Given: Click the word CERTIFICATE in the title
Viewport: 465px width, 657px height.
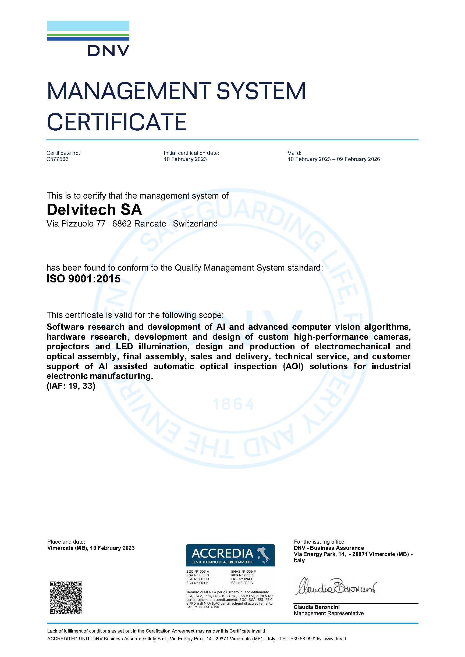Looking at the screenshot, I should tap(116, 122).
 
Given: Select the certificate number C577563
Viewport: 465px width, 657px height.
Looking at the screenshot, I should tap(58, 159).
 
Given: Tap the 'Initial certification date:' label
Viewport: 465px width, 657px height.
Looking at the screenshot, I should tap(191, 153).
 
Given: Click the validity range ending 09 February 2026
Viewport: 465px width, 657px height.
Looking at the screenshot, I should tap(333, 159).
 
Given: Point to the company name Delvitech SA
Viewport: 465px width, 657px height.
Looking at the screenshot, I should tap(94, 210).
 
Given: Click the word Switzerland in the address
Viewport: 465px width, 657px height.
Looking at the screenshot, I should tap(195, 224).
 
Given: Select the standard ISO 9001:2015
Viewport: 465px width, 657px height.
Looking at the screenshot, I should tap(83, 278).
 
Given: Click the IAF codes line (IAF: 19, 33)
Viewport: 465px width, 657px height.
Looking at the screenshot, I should tap(71, 386).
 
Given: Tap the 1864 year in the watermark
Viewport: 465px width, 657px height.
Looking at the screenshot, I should tap(233, 404).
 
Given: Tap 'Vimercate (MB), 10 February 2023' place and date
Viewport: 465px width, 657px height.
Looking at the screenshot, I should tap(91, 548).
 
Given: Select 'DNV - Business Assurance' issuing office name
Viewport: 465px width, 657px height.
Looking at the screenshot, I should tap(328, 548).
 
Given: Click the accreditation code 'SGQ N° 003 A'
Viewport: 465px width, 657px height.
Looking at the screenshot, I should tap(197, 572).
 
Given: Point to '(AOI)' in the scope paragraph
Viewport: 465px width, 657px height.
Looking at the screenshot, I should tap(293, 366).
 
